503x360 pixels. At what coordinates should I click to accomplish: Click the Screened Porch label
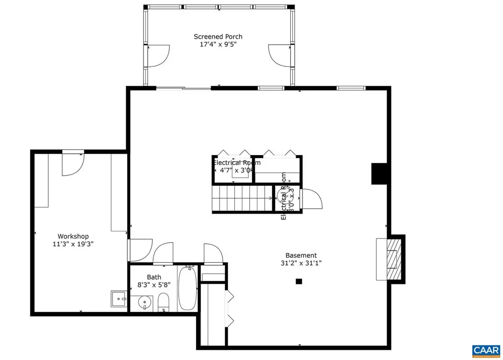[218, 37]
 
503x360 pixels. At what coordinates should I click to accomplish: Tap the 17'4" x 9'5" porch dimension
[218, 45]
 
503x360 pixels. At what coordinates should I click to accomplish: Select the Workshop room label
[73, 236]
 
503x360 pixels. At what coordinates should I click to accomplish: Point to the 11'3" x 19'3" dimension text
[73, 244]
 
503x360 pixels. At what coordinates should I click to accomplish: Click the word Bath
[154, 277]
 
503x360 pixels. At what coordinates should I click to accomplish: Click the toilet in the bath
[164, 302]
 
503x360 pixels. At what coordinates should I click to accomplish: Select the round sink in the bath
[144, 302]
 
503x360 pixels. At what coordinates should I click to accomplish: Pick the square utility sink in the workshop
[118, 298]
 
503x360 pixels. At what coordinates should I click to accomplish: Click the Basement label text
[301, 255]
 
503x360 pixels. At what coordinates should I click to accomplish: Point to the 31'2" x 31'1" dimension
[301, 263]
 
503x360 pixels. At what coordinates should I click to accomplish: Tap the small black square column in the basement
[298, 281]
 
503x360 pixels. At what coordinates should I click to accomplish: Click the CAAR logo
[486, 350]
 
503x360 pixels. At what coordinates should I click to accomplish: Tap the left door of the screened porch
[158, 55]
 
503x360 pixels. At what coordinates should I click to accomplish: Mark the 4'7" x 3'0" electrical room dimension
[234, 170]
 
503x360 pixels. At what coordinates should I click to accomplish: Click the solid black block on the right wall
[380, 173]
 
